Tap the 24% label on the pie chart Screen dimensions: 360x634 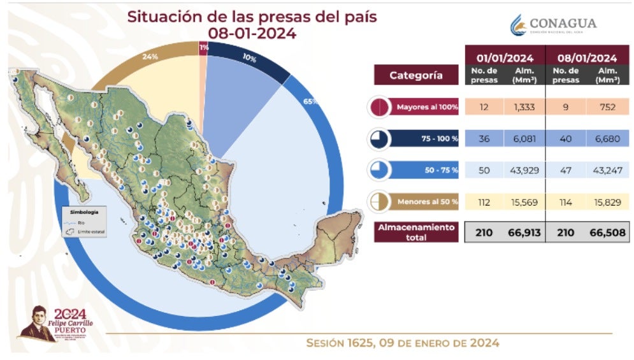click(x=150, y=57)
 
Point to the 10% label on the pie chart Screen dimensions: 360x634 click(x=250, y=59)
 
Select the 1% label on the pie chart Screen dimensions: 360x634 click(x=203, y=47)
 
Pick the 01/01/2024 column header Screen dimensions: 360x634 click(x=504, y=56)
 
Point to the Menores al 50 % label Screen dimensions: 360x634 click(x=427, y=202)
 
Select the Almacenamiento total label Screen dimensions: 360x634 click(x=416, y=232)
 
